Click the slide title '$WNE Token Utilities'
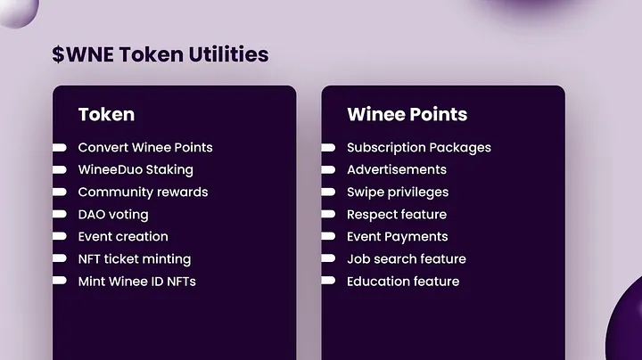point(160,54)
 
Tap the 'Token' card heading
point(106,114)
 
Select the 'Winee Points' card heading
point(407,114)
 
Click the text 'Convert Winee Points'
point(145,147)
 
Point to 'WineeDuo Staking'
point(136,170)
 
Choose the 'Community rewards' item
point(143,192)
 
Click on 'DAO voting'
point(113,215)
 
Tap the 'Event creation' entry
point(123,236)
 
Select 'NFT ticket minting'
point(135,259)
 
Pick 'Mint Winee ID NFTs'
point(136,282)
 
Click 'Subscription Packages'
point(419,148)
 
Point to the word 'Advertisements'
point(397,170)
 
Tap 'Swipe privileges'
point(398,192)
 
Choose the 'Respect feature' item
point(397,215)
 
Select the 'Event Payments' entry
point(397,237)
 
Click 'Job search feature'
point(407,259)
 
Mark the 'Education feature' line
point(403,282)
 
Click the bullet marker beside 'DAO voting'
point(60,214)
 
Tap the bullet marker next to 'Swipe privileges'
point(328,192)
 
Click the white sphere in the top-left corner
point(18,12)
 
